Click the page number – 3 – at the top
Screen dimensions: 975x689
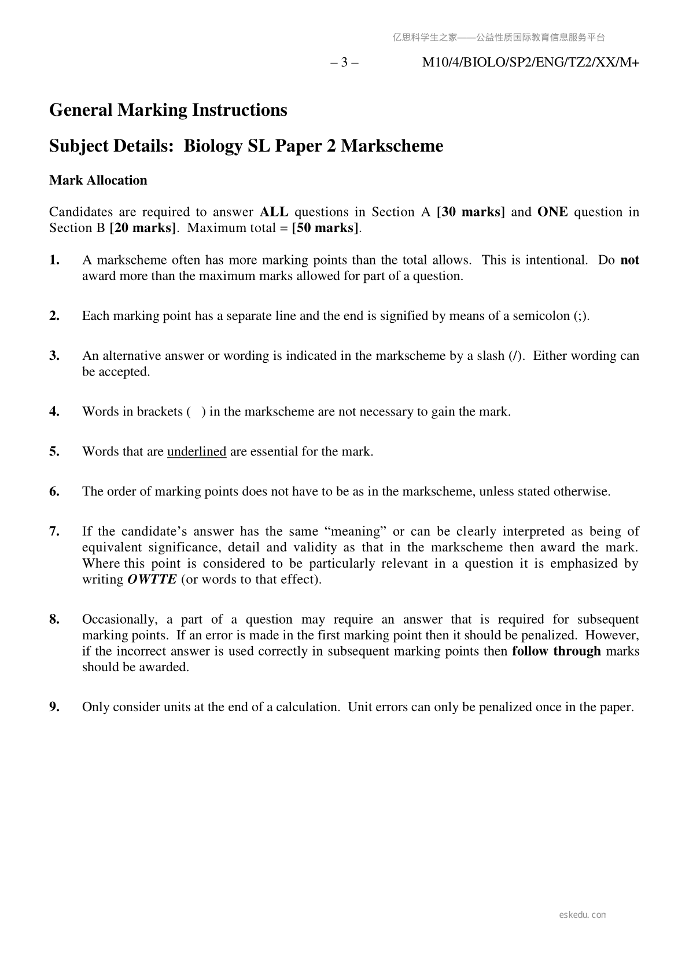(344, 62)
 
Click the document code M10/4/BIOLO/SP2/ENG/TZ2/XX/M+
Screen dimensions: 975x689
(530, 62)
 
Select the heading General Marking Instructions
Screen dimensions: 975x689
(168, 109)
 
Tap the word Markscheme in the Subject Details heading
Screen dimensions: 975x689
(392, 145)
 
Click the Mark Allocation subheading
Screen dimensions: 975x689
(98, 180)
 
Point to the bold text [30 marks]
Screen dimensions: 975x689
(470, 212)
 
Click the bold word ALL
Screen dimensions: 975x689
(274, 212)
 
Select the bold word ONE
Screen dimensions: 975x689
(552, 212)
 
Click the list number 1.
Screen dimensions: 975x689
(54, 260)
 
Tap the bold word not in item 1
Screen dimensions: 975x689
(629, 260)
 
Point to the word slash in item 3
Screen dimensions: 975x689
(491, 355)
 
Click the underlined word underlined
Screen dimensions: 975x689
(197, 451)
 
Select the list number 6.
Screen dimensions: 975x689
(54, 491)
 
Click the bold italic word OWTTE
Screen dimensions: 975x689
(152, 579)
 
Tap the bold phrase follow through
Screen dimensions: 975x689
(557, 651)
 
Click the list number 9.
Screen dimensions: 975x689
(54, 707)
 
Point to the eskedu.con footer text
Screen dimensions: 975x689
(583, 915)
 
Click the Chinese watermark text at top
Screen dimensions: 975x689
(499, 38)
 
